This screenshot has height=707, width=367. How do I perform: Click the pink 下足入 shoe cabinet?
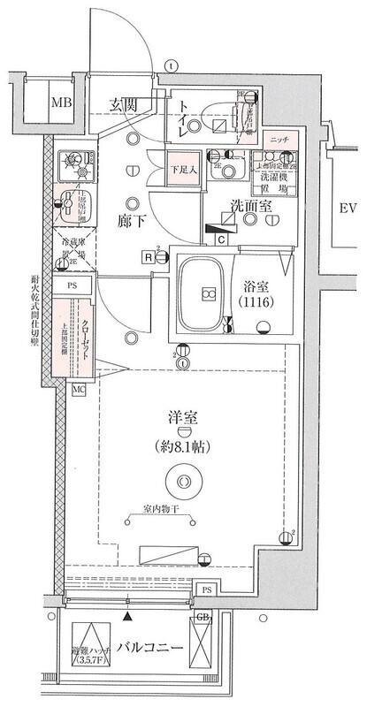click(x=182, y=166)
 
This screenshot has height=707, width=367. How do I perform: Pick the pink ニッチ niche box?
click(x=278, y=140)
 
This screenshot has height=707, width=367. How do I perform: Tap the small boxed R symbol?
click(x=149, y=256)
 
